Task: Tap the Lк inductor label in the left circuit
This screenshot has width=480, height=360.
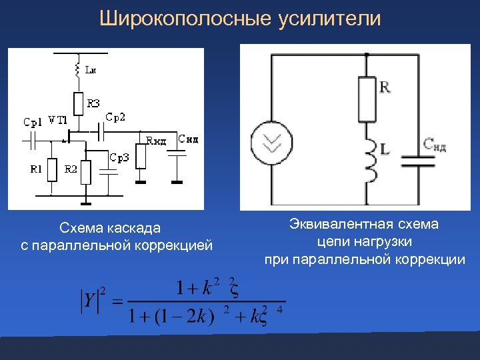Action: point(91,69)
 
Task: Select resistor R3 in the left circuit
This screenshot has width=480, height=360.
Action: point(77,103)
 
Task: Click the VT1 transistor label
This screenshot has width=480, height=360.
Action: point(57,121)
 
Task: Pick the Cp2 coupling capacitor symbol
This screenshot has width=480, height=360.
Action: point(99,133)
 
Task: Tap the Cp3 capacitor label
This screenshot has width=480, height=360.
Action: point(119,158)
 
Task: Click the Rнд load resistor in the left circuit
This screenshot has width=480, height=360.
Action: point(141,157)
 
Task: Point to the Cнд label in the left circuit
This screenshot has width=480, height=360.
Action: point(187,139)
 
